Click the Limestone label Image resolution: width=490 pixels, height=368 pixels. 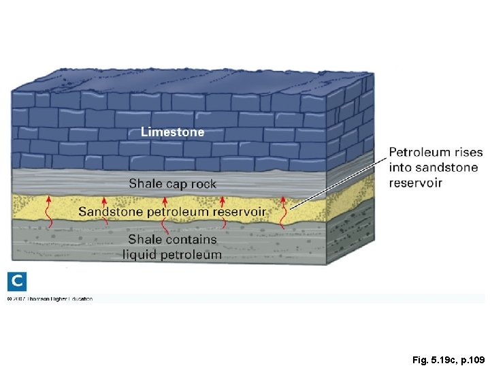172,132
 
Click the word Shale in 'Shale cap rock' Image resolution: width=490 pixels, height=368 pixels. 145,183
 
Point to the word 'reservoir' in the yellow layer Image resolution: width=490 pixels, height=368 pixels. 239,211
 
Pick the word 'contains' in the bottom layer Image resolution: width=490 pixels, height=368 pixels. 192,239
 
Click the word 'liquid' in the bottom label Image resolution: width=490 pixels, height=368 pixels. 140,255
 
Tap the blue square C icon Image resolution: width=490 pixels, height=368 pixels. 17,281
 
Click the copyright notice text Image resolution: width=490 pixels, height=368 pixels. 50,298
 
